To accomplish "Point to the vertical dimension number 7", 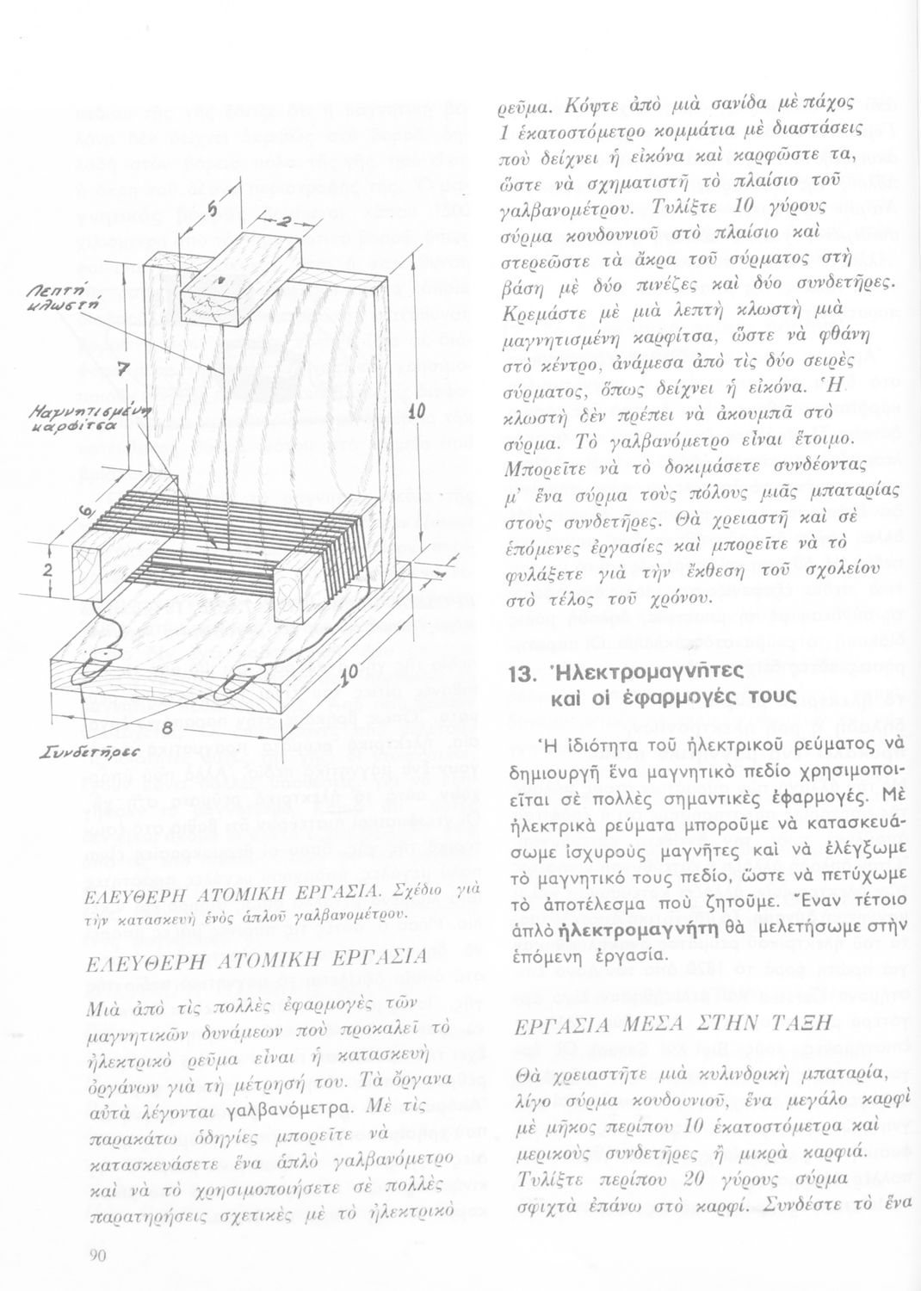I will click(x=122, y=369).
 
